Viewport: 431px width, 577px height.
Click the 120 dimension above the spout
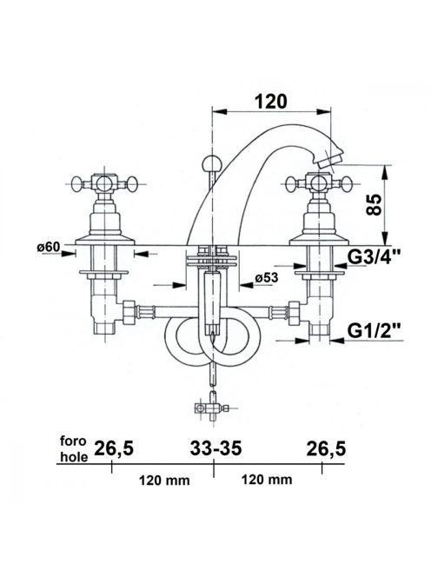click(271, 102)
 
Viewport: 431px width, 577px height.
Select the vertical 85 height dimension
click(375, 205)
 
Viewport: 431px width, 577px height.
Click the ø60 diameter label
click(48, 247)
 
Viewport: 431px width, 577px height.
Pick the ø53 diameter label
click(266, 277)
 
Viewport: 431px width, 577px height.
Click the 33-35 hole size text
click(216, 448)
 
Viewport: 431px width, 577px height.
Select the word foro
click(73, 441)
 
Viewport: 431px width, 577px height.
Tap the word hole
click(74, 457)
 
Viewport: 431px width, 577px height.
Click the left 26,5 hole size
click(115, 449)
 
